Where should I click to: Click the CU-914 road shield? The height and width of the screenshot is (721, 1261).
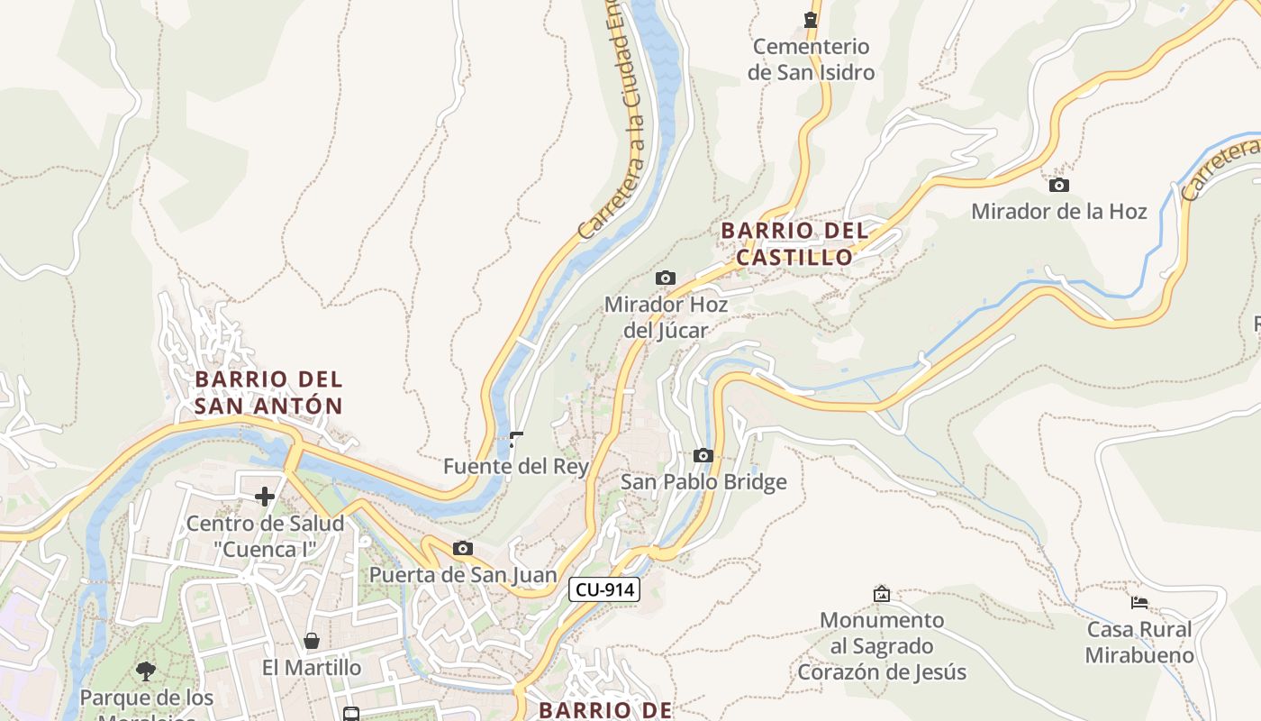[x=604, y=590]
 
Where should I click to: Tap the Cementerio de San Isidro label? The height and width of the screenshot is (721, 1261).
[x=811, y=59]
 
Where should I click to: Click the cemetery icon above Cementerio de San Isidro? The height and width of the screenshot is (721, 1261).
[x=811, y=19]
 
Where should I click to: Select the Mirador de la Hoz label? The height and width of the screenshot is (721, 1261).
[x=1058, y=212]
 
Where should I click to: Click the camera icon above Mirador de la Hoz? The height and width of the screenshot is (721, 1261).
[x=1059, y=186]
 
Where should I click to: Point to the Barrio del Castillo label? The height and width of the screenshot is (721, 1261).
[x=794, y=244]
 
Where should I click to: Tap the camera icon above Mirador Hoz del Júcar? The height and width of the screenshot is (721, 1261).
[x=666, y=278]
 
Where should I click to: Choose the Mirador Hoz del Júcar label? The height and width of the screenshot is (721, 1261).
[x=666, y=317]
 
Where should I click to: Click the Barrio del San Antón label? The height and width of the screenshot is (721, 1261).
[x=268, y=393]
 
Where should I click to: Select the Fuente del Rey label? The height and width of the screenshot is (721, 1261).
[x=515, y=467]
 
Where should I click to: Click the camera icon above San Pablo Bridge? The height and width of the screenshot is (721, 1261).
[x=703, y=456]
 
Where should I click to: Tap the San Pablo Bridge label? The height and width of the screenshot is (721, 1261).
[x=703, y=482]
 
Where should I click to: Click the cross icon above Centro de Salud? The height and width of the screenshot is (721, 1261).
[x=265, y=497]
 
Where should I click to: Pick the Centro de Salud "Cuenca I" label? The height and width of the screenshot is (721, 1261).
[x=265, y=536]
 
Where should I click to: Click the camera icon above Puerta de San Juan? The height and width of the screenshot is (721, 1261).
[x=463, y=549]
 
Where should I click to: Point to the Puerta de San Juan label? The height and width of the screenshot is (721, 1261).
[x=463, y=575]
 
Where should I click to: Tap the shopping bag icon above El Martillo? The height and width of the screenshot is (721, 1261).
[x=312, y=641]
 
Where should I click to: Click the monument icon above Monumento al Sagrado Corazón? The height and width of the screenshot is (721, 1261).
[x=882, y=594]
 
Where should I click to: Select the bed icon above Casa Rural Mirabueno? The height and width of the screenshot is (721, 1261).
[x=1139, y=603]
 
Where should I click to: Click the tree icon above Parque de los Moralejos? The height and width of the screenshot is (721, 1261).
[x=146, y=671]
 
